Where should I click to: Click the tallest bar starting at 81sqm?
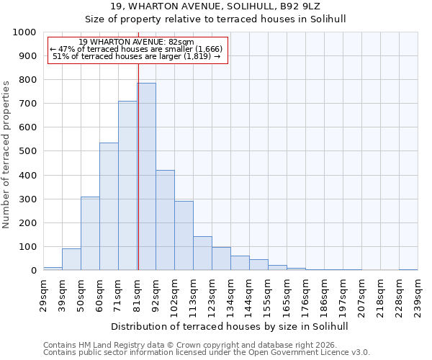(146, 176)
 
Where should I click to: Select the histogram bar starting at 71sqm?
(127, 186)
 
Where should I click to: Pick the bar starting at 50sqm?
(90, 233)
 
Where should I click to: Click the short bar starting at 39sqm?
(71, 259)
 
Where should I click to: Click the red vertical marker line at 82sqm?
(138, 180)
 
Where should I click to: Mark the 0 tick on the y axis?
(33, 271)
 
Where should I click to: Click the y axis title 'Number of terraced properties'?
(7, 155)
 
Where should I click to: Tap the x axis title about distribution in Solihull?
(230, 327)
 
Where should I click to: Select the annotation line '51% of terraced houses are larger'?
(137, 56)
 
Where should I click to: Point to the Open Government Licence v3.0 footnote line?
(207, 352)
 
